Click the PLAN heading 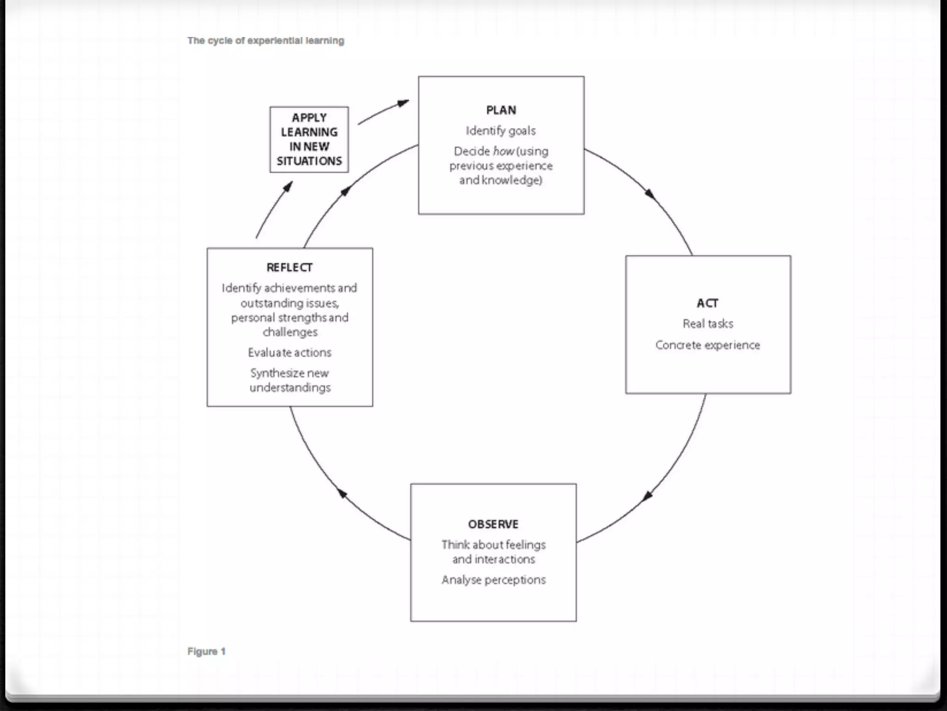(501, 110)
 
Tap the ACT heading (707, 303)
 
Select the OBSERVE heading (493, 524)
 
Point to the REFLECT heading (289, 268)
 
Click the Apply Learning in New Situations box (309, 139)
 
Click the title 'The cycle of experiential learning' (265, 41)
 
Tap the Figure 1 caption (206, 651)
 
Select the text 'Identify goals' (501, 131)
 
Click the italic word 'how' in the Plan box (504, 151)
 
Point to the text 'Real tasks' (707, 324)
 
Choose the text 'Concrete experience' (707, 345)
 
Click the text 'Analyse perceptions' (493, 580)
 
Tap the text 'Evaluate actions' (289, 353)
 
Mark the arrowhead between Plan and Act (650, 194)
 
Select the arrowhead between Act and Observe (647, 496)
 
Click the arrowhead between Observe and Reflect (342, 493)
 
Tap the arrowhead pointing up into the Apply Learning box (288, 186)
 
